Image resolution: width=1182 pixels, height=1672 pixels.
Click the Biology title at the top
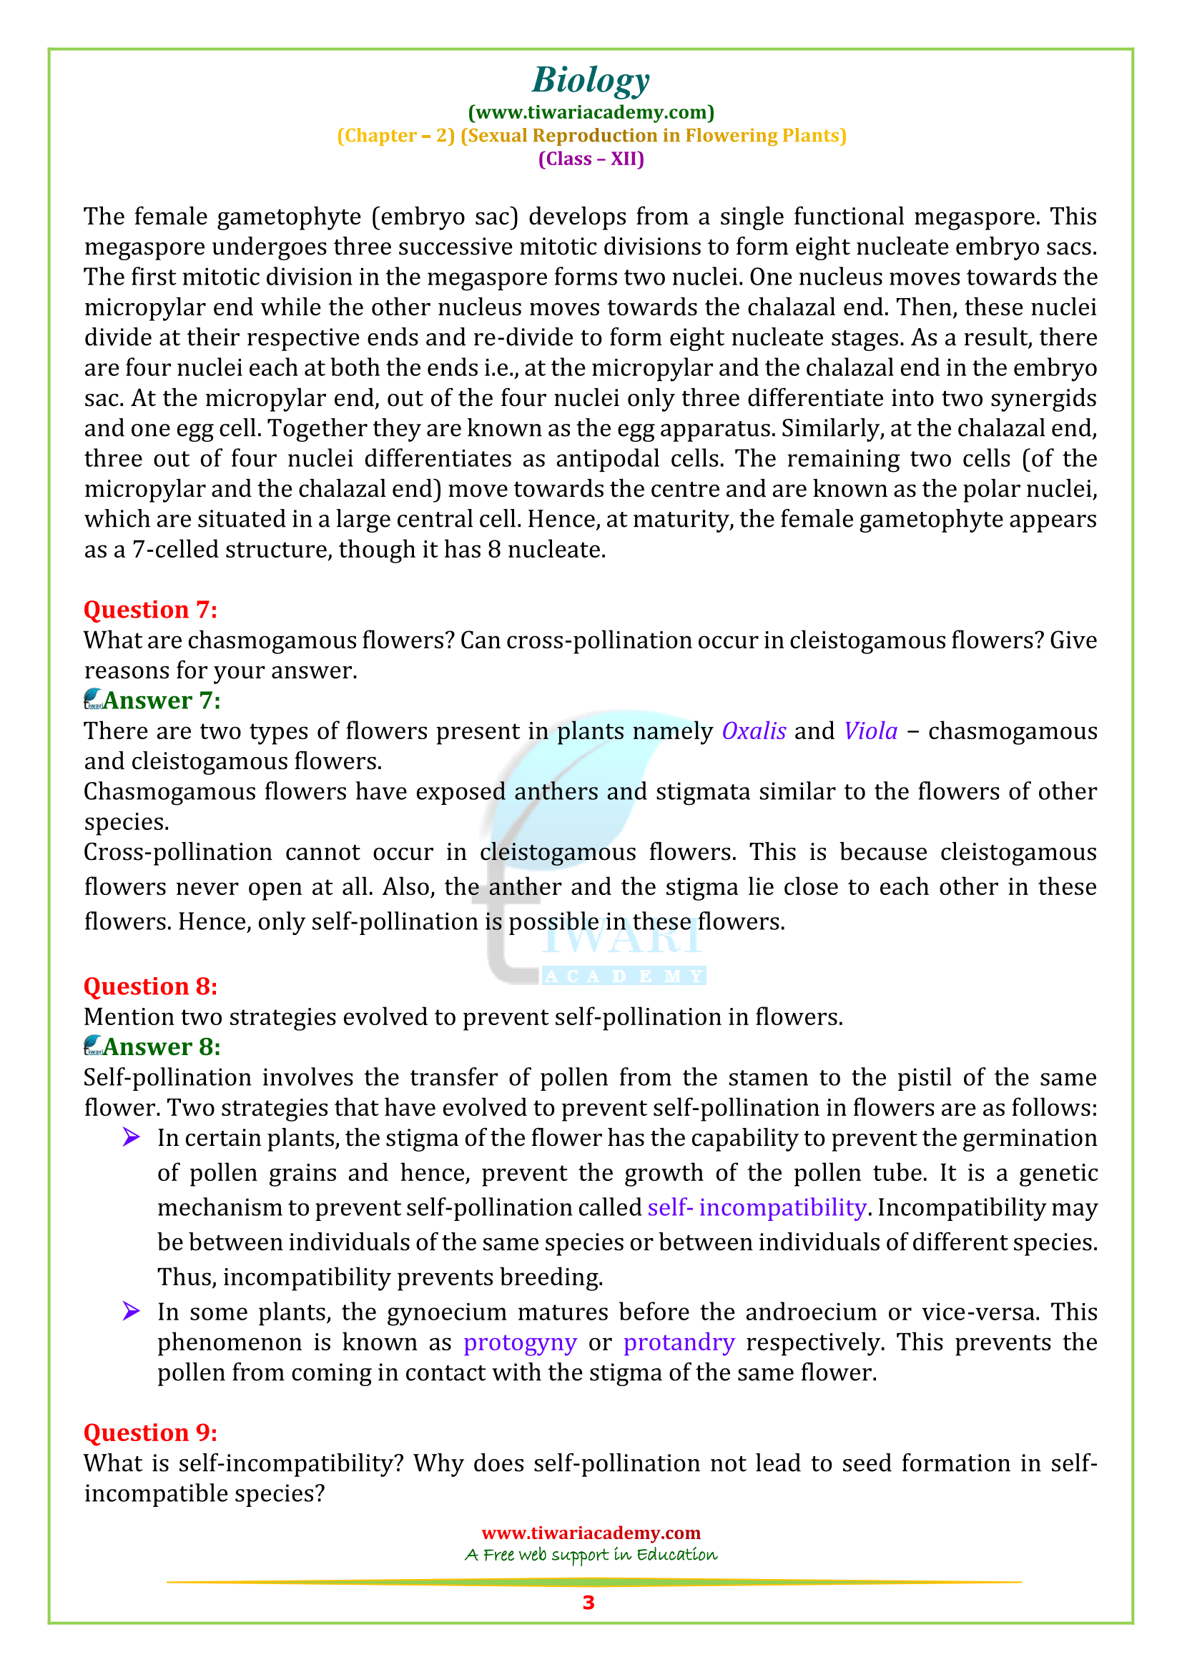pyautogui.click(x=591, y=80)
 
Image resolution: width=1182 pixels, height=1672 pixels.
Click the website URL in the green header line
pyautogui.click(x=591, y=112)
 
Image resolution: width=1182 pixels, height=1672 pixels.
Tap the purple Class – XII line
pyautogui.click(x=591, y=159)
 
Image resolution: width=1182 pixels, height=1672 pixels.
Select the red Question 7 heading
pyautogui.click(x=150, y=610)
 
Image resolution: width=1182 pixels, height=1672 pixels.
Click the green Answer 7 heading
pyautogui.click(x=162, y=701)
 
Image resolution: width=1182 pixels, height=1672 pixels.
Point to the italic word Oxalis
pyautogui.click(x=754, y=731)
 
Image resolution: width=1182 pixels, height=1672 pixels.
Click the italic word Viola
pyautogui.click(x=870, y=731)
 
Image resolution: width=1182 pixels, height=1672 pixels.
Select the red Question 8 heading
pyautogui.click(x=150, y=986)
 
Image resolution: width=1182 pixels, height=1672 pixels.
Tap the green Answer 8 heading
pyautogui.click(x=162, y=1047)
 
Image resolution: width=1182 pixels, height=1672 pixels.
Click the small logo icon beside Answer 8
pyautogui.click(x=93, y=1046)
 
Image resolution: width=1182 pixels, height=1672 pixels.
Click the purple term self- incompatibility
pyautogui.click(x=757, y=1207)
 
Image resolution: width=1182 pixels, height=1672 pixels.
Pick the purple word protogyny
pyautogui.click(x=520, y=1342)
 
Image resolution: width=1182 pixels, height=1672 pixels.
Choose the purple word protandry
pyautogui.click(x=679, y=1342)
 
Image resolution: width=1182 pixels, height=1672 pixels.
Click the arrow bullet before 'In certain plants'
pyautogui.click(x=131, y=1137)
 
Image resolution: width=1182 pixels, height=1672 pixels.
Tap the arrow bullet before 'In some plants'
pyautogui.click(x=131, y=1312)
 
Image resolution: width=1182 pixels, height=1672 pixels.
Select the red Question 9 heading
pyautogui.click(x=150, y=1433)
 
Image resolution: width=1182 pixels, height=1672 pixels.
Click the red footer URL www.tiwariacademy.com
pyautogui.click(x=591, y=1533)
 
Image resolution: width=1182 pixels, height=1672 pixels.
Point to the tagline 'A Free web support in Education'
pyautogui.click(x=591, y=1555)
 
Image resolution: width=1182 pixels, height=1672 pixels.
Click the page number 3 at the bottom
pyautogui.click(x=588, y=1603)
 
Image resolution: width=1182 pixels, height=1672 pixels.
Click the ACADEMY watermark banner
pyautogui.click(x=624, y=976)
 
